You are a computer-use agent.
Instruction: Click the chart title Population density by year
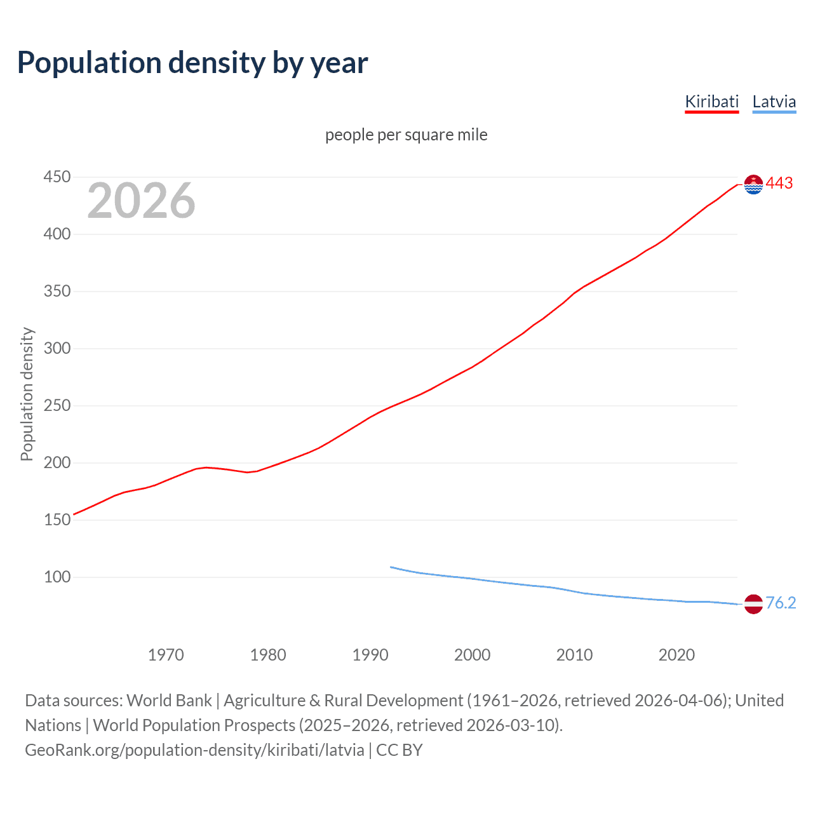click(x=192, y=63)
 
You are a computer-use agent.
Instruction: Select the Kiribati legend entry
click(x=711, y=102)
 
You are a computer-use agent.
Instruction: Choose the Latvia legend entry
click(x=774, y=102)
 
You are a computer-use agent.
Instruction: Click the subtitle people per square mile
click(x=406, y=135)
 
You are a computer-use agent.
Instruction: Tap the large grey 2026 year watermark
click(x=141, y=201)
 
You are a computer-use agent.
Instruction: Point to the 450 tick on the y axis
click(x=57, y=177)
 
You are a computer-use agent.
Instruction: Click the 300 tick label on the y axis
click(x=57, y=348)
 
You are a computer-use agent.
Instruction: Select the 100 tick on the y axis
click(x=57, y=577)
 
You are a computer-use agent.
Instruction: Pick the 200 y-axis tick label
click(x=57, y=462)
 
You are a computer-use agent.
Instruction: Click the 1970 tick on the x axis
click(x=166, y=655)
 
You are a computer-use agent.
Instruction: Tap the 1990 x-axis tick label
click(x=370, y=655)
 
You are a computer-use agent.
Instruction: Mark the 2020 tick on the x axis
click(x=676, y=655)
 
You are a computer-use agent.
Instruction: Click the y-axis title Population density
click(x=27, y=394)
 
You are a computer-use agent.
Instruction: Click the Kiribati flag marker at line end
click(x=753, y=184)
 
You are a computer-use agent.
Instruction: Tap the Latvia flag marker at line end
click(x=753, y=604)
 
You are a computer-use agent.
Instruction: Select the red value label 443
click(x=779, y=184)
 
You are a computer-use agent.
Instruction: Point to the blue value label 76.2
click(x=781, y=603)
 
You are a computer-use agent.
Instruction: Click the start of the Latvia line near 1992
click(x=391, y=567)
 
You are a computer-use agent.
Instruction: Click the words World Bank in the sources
click(x=169, y=701)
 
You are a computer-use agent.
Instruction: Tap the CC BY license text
click(x=400, y=750)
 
